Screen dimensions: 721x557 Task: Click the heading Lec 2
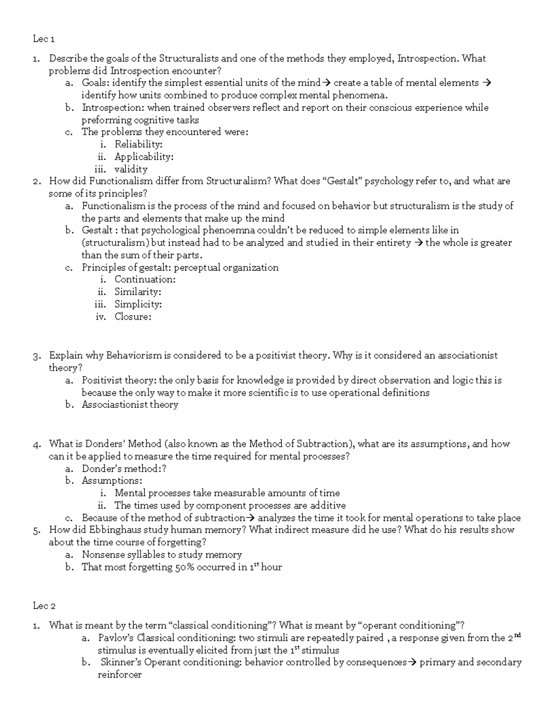pos(44,605)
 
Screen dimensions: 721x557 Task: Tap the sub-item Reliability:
pos(138,144)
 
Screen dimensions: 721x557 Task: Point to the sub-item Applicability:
pos(144,157)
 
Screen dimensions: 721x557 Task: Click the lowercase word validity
pos(131,169)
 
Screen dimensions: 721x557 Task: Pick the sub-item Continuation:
pos(145,279)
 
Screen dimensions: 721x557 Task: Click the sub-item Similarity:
pos(138,292)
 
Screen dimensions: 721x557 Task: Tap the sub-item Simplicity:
pos(138,305)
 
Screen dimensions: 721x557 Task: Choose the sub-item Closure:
pos(133,317)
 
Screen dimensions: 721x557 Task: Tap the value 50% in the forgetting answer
pos(184,567)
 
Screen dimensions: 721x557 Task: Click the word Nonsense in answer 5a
pos(102,555)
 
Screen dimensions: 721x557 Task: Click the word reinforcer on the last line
pos(119,675)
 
